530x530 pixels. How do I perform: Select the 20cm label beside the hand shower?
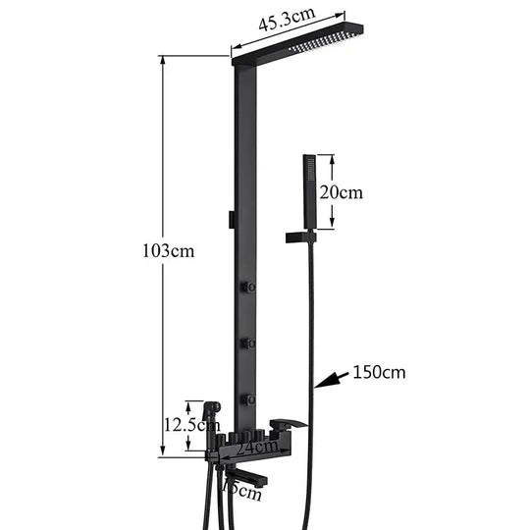pyautogui.click(x=343, y=192)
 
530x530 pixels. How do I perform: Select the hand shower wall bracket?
pyautogui.click(x=299, y=237)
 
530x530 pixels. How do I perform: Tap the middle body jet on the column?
pyautogui.click(x=251, y=344)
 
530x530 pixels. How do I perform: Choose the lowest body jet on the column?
pyautogui.click(x=251, y=399)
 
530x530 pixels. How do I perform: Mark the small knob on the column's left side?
pyautogui.click(x=231, y=219)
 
